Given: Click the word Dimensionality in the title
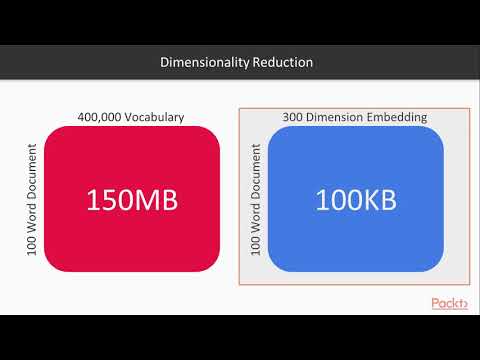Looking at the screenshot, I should click(x=197, y=62).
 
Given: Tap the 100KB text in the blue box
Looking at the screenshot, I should click(x=356, y=200).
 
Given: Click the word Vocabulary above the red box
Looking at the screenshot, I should click(x=157, y=117).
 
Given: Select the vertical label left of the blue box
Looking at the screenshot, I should click(x=256, y=199).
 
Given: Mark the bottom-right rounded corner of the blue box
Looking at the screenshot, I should click(x=439, y=266).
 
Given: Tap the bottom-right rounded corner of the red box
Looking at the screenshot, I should click(x=215, y=266).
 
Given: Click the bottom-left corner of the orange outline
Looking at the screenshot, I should click(x=240, y=287).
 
